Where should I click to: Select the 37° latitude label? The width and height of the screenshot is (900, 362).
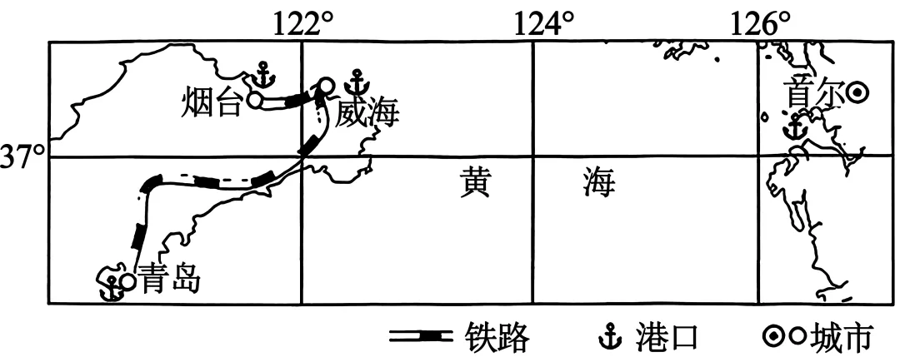(x=22, y=157)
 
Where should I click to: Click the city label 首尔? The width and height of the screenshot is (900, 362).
(x=813, y=94)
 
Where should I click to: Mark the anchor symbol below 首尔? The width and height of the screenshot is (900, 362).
(x=794, y=128)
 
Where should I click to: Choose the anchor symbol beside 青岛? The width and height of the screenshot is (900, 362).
(x=108, y=286)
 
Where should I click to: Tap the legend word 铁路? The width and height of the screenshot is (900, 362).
(x=497, y=337)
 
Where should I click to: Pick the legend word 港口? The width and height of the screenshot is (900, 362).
(x=664, y=337)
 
